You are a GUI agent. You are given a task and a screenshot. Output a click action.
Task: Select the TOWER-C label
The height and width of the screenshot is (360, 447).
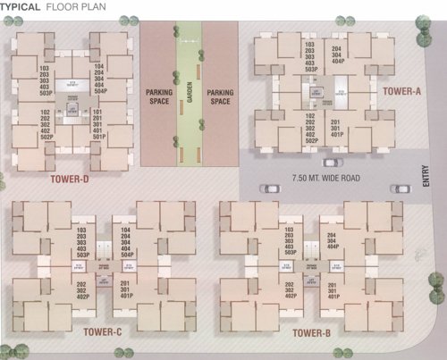[x=102, y=333]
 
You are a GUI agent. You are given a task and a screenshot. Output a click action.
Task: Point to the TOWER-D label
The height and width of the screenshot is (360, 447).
[x=71, y=178]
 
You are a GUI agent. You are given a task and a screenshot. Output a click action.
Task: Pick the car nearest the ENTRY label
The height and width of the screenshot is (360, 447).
[x=397, y=188]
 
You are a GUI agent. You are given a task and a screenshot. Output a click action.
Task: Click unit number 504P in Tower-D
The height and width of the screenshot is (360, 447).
[x=99, y=91]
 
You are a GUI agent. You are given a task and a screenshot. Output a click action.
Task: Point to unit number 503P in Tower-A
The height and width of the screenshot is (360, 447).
[x=311, y=69]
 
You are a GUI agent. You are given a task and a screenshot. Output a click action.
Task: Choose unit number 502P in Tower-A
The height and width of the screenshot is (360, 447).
[x=311, y=140]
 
